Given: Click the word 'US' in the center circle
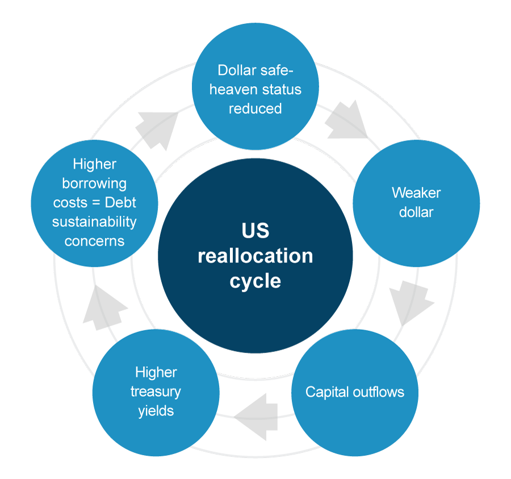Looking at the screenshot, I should coord(255,231).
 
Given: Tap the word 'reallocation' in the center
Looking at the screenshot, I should coord(255,256).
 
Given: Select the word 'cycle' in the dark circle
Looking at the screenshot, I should coord(255,281).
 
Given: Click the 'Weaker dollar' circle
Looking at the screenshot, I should coord(416,203).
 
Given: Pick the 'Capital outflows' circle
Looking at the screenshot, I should coord(354,392).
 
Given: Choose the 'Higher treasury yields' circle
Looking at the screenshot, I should coord(156,392).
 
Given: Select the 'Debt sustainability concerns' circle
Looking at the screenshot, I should coord(94,203).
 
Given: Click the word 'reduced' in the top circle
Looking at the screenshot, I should coord(255,108).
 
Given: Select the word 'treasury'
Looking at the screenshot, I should coord(156,392).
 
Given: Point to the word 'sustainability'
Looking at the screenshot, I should coord(94,221).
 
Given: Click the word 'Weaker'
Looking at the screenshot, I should coord(416,193).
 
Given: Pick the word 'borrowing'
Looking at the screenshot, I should coord(94,183).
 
